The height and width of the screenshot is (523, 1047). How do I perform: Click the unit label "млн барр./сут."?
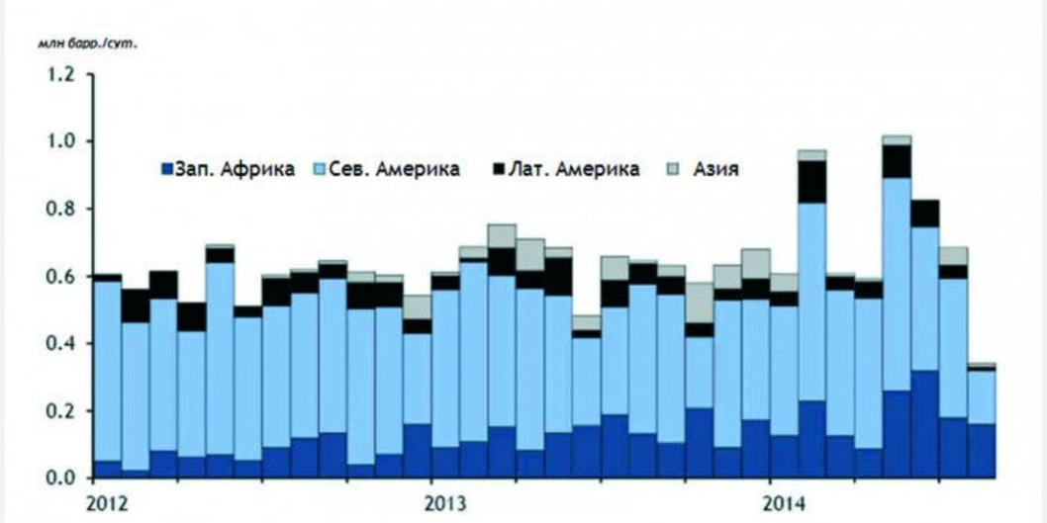(x=87, y=44)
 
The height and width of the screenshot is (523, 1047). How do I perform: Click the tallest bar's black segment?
(x=897, y=161)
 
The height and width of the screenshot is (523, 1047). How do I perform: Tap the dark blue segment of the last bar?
(x=981, y=451)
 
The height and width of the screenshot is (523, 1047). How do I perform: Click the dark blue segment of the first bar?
(x=107, y=469)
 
